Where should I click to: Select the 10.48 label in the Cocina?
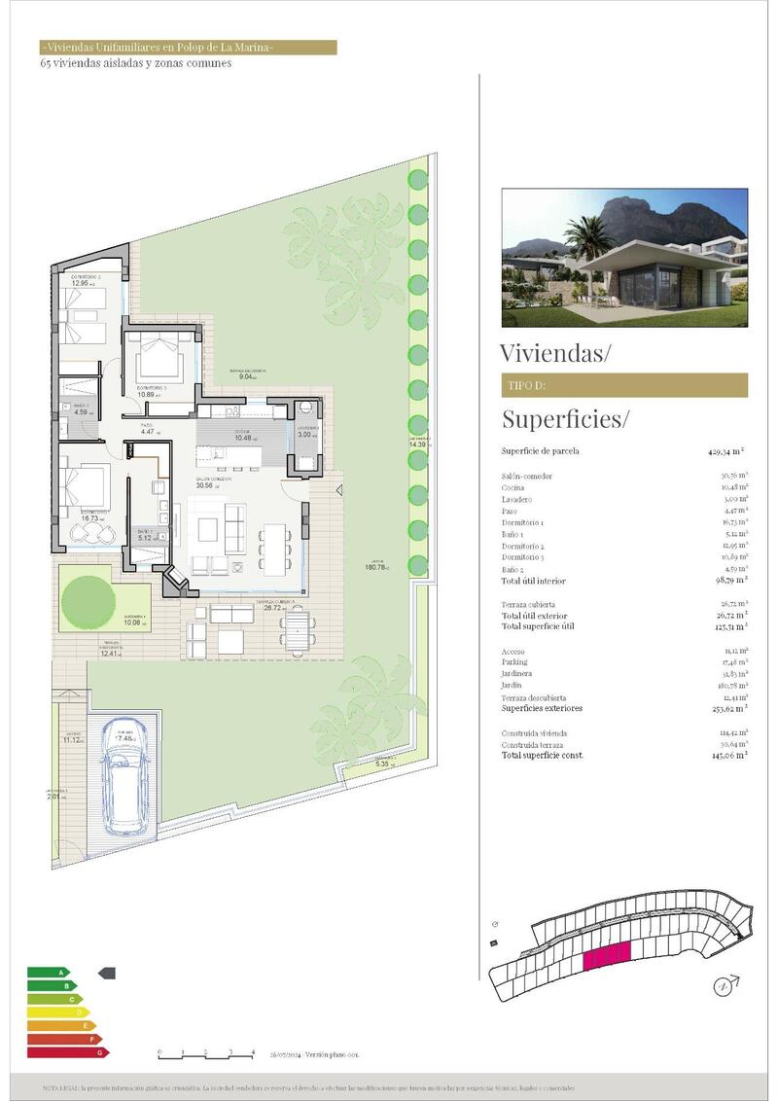[x=243, y=438]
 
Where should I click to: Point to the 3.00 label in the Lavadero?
[x=307, y=435]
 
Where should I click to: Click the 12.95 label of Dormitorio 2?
[x=81, y=284]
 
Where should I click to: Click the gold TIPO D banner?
[x=624, y=385]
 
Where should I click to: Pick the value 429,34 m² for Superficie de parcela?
[x=725, y=451]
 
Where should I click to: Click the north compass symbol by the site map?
[x=722, y=986]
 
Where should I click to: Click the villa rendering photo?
[x=624, y=258]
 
